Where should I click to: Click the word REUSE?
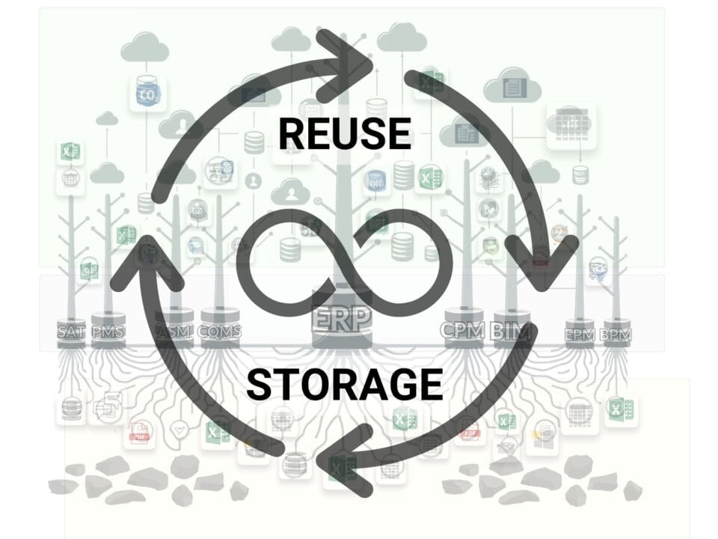click(x=344, y=133)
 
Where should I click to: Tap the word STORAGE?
click(x=344, y=385)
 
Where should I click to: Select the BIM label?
click(x=510, y=330)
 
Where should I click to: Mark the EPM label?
click(x=580, y=335)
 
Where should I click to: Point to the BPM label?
click(x=616, y=335)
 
